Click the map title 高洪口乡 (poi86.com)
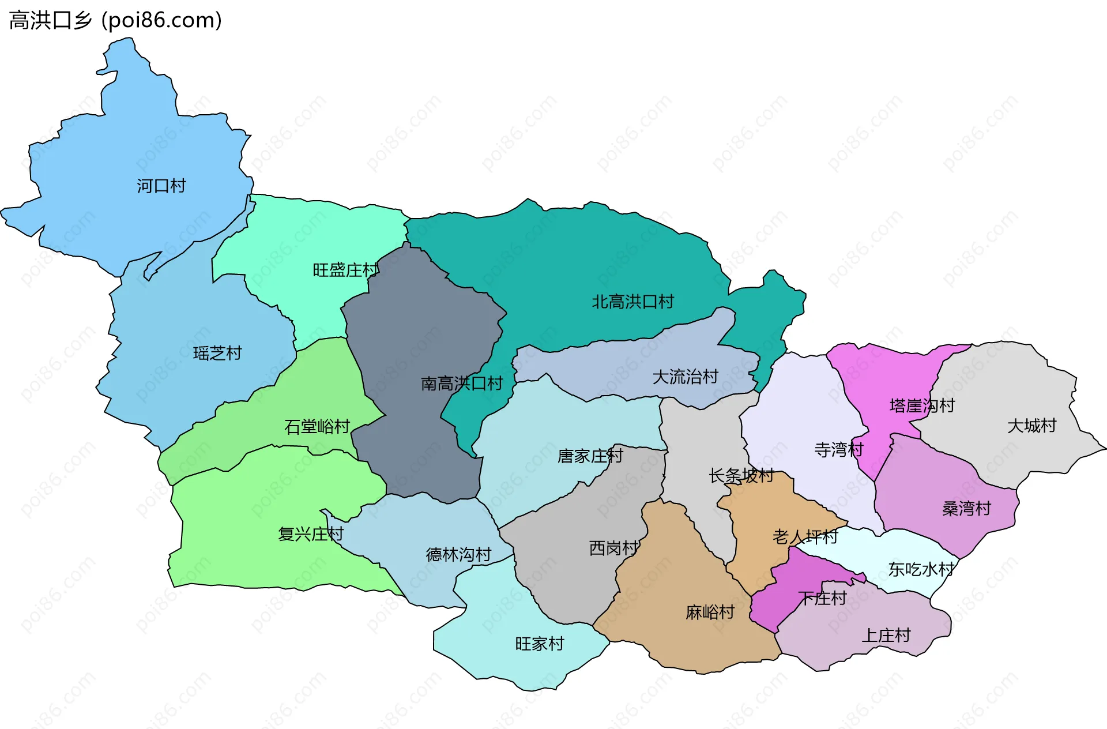(115, 20)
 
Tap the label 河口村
(161, 186)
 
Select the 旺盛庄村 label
(345, 270)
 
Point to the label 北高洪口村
(632, 302)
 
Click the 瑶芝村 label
(217, 353)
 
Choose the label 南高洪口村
(462, 384)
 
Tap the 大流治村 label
(685, 377)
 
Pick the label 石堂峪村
(317, 427)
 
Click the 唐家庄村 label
(590, 456)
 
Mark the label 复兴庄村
(311, 534)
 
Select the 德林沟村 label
(458, 555)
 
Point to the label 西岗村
(613, 548)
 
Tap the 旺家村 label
(540, 644)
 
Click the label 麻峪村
(710, 612)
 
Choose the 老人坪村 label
(805, 537)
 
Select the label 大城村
(1031, 426)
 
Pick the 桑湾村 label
(966, 508)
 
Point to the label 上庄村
(886, 635)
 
